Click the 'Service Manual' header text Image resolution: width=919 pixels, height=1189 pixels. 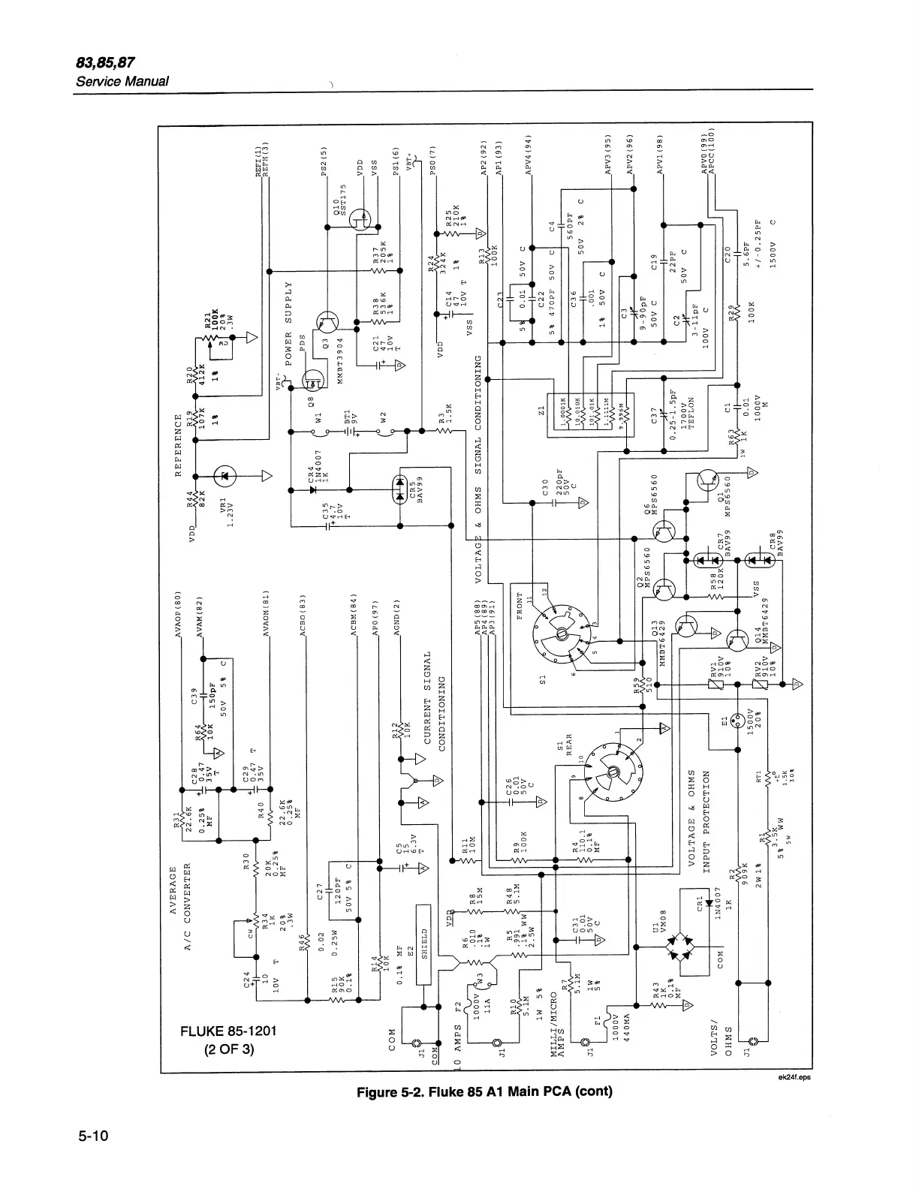click(x=122, y=81)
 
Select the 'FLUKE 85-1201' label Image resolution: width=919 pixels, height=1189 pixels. click(x=229, y=1031)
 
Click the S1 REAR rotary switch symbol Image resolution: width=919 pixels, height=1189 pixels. click(x=612, y=773)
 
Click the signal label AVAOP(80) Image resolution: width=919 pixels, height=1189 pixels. click(x=178, y=611)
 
